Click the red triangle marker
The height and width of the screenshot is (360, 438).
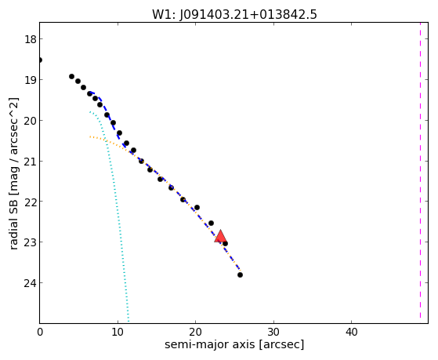coord(220,236)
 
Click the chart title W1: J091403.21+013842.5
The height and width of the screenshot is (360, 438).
coord(234,14)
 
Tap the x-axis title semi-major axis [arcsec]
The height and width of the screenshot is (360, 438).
coord(234,344)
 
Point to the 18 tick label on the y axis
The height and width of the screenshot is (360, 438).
coord(31,39)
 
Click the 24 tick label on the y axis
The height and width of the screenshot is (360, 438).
coord(31,283)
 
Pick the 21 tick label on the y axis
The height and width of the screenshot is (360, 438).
coord(31,162)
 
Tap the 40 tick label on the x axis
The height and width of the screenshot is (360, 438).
coord(351,332)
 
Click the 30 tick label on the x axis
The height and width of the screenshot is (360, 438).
coord(273,332)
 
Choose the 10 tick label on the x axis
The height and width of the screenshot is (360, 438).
coord(118,332)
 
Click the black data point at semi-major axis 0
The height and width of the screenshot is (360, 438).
coord(40,60)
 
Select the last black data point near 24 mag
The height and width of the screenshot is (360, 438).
coord(240,275)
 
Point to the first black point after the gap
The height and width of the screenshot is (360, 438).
coord(71,76)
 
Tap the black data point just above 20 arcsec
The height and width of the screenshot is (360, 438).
coord(197,207)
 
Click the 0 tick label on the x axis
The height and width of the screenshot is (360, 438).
coord(40,332)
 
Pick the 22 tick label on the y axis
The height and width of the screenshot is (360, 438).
coord(31,202)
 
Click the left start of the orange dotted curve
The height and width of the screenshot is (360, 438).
coord(90,136)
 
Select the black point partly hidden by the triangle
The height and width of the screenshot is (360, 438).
coord(225,244)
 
